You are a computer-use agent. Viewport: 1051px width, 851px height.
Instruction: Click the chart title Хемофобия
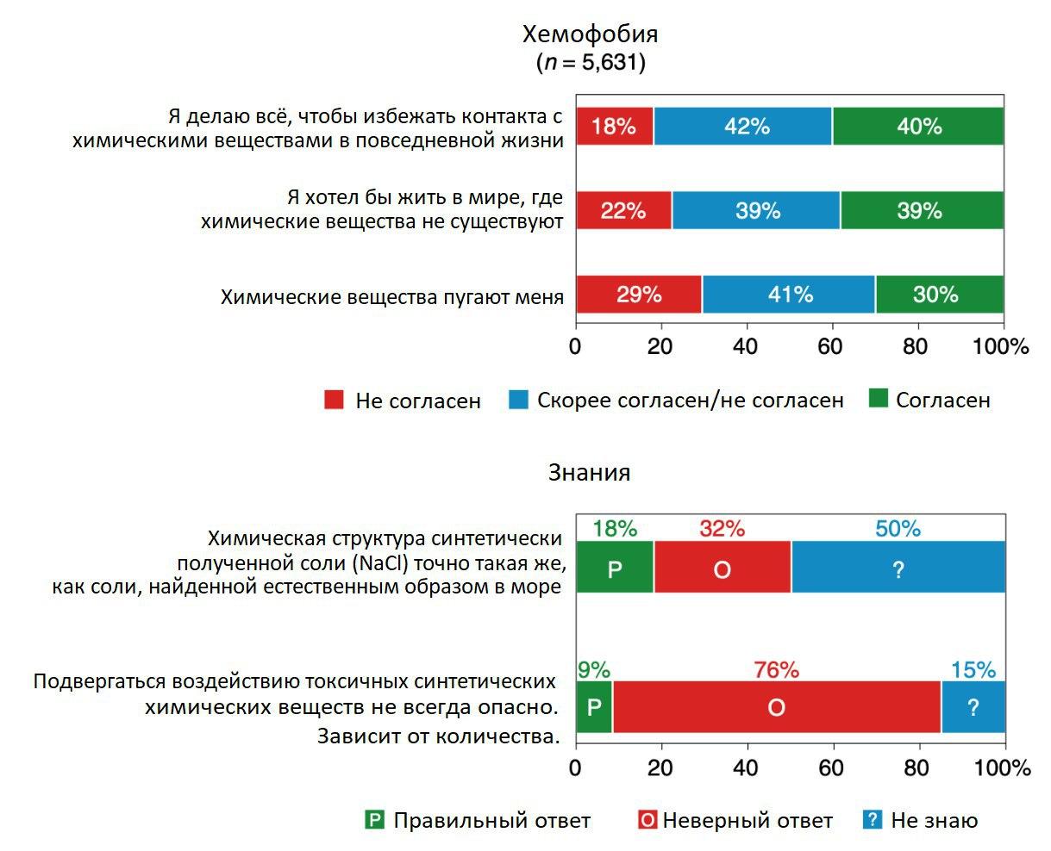pos(591,34)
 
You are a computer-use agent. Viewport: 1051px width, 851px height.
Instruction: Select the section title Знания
pos(590,472)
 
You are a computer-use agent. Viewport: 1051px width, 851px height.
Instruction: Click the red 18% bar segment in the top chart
pos(615,127)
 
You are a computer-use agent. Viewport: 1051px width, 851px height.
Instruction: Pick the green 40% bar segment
pos(918,127)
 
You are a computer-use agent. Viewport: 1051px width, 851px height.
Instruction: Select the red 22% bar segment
pos(623,211)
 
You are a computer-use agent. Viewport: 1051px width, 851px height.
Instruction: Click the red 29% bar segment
pos(639,295)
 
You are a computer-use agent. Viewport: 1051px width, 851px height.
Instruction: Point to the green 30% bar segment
pos(939,295)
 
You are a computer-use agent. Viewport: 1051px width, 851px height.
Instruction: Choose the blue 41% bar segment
pos(789,295)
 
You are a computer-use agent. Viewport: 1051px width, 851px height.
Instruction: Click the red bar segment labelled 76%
pos(776,707)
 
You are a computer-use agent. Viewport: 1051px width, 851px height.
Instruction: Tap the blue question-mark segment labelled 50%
pos(898,568)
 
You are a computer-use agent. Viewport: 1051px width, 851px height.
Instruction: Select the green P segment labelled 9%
pos(594,707)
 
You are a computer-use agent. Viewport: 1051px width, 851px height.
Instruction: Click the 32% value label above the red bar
pos(722,529)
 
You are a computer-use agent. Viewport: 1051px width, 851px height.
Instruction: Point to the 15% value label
pos(973,669)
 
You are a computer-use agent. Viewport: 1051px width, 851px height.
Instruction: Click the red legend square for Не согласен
pos(334,400)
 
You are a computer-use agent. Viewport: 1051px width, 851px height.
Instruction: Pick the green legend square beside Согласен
pos(878,399)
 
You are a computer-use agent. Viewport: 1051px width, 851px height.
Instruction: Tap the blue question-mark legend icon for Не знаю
pos(873,820)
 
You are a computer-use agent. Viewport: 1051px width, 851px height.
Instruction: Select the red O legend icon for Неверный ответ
pos(647,820)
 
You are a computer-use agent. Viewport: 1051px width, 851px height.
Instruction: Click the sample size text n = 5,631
pos(591,63)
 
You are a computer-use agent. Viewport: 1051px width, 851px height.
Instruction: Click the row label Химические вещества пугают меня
pos(392,297)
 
